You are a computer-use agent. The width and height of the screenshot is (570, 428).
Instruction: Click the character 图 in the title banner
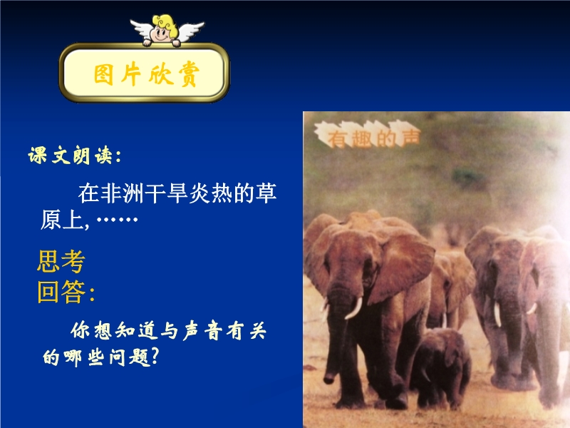point(103,75)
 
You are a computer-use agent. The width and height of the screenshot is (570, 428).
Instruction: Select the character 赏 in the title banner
point(189,74)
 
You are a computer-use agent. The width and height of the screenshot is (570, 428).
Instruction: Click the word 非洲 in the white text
point(122,193)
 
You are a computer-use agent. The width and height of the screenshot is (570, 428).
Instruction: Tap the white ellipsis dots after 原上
point(117,220)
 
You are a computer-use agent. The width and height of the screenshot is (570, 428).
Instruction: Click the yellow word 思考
point(61,261)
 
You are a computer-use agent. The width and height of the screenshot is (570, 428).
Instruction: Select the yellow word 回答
point(61,292)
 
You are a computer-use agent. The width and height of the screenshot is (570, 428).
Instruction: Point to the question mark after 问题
point(155,355)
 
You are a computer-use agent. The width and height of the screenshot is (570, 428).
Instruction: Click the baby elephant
point(440,367)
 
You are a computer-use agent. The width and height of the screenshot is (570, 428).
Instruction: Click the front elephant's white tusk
point(353,309)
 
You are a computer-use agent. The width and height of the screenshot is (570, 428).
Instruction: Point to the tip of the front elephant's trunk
point(329,380)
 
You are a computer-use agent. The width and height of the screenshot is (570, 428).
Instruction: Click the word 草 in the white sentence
point(266,193)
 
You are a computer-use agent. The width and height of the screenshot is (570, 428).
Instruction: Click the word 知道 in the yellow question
point(135,330)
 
